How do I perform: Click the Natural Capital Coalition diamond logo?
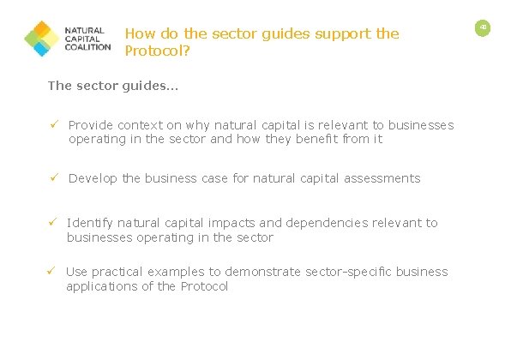[41, 39]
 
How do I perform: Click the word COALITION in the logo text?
[88, 48]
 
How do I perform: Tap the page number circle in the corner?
[483, 27]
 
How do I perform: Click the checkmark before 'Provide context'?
[52, 125]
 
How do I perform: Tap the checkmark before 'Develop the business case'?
[52, 178]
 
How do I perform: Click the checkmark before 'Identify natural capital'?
[52, 223]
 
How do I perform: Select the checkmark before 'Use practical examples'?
[51, 272]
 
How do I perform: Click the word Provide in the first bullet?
[91, 125]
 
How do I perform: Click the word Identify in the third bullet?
[89, 223]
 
